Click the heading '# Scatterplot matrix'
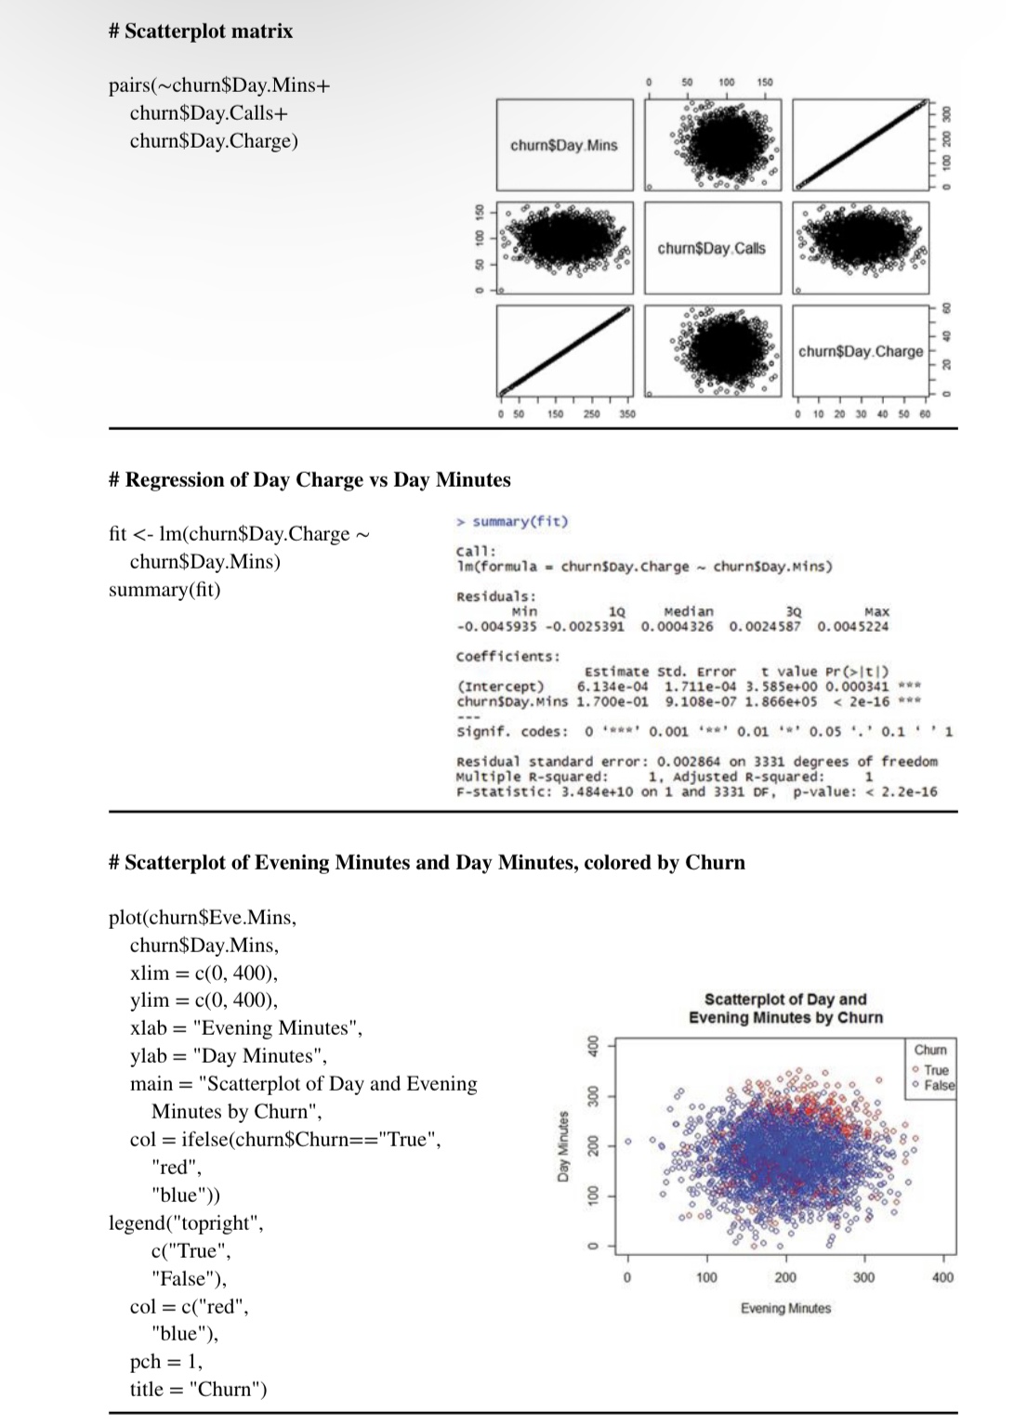pyautogui.click(x=200, y=32)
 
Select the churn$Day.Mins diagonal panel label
pyautogui.click(x=563, y=145)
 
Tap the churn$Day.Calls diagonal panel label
pyautogui.click(x=711, y=248)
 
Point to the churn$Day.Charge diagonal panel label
pyautogui.click(x=861, y=351)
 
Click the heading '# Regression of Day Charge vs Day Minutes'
pyautogui.click(x=309, y=479)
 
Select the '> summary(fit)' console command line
pyautogui.click(x=512, y=521)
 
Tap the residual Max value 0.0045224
pyautogui.click(x=852, y=626)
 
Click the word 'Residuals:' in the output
pyautogui.click(x=495, y=596)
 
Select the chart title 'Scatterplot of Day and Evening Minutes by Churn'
pyautogui.click(x=785, y=1008)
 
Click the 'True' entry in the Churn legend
pyautogui.click(x=936, y=1070)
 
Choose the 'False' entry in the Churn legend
pyautogui.click(x=939, y=1085)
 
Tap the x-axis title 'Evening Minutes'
pyautogui.click(x=785, y=1308)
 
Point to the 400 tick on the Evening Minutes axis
pyautogui.click(x=941, y=1278)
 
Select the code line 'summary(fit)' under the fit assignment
pyautogui.click(x=165, y=590)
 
